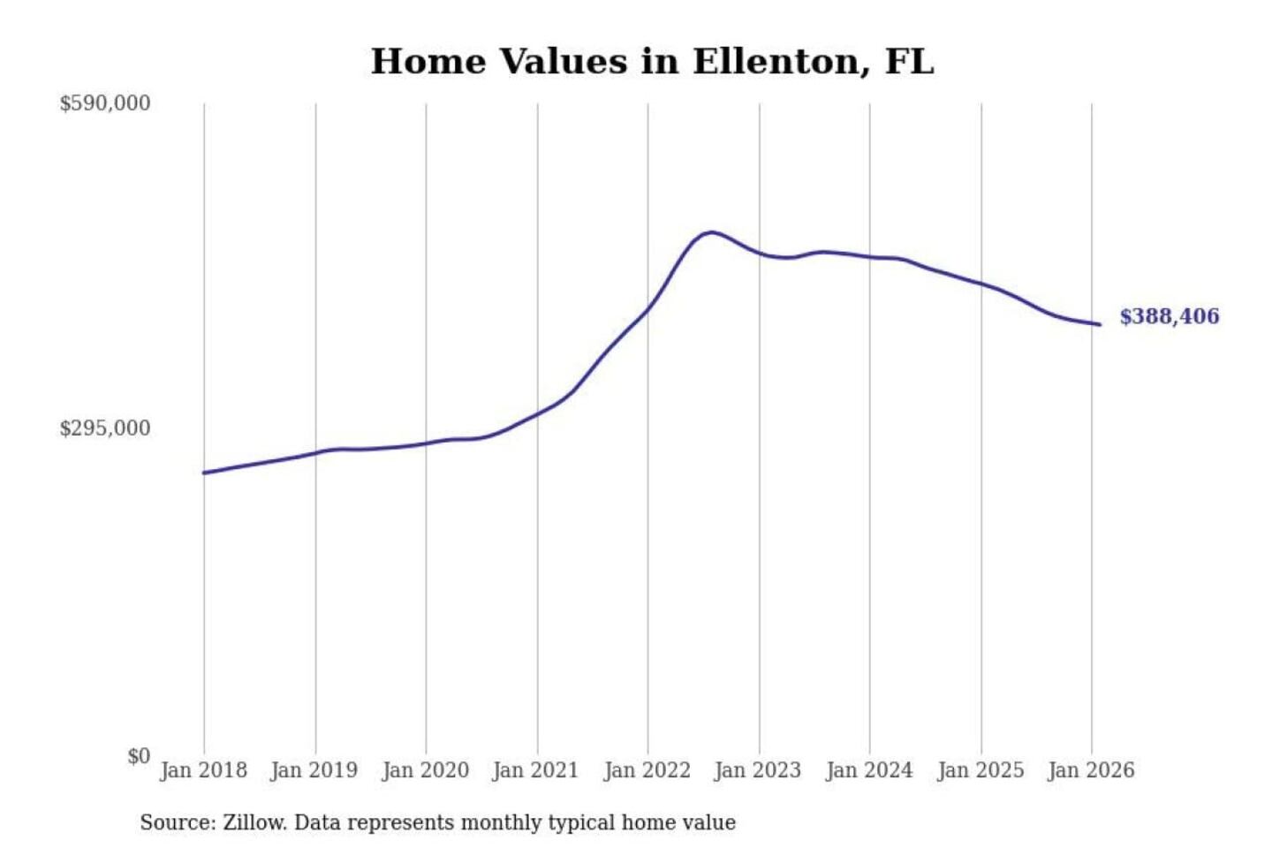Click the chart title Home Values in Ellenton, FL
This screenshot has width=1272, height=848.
(652, 62)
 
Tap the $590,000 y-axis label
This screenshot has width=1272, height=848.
(105, 103)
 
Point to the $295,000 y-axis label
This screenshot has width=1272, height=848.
(105, 428)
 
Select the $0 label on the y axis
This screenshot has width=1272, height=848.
(138, 756)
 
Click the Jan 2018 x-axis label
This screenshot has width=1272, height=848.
(203, 770)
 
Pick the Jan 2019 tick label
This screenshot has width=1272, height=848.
(314, 770)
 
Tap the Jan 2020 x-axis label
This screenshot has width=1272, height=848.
(425, 770)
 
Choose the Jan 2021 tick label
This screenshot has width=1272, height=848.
(535, 770)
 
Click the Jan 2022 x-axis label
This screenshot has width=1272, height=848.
(647, 770)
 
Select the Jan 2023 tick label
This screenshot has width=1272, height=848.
(758, 770)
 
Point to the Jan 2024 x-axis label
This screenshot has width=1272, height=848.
(869, 770)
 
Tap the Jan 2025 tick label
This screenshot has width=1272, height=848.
(980, 770)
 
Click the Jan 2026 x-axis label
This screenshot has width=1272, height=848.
(1091, 770)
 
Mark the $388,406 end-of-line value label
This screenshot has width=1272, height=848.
(1169, 316)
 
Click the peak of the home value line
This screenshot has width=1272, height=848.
(711, 232)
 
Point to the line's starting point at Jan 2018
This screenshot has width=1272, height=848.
(204, 473)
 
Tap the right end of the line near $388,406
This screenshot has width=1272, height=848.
(1099, 324)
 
